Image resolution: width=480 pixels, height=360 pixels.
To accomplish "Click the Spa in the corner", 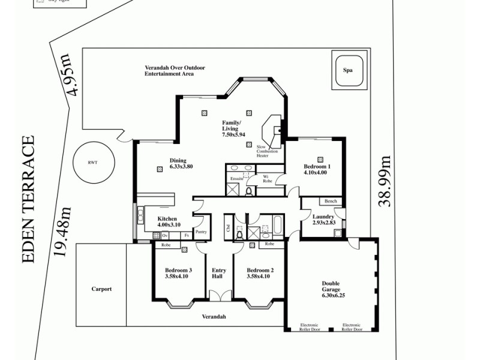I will [347, 70].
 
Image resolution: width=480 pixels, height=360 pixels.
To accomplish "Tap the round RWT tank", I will [92, 162].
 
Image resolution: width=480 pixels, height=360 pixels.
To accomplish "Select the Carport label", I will [101, 289].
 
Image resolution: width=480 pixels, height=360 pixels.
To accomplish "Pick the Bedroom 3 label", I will [178, 274].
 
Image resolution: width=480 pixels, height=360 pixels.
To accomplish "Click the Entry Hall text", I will [219, 274].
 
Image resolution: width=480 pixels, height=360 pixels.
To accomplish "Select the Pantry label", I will [201, 231].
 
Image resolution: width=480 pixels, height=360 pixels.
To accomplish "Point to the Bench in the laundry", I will [331, 202].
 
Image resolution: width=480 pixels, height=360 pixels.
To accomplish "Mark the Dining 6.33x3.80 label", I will [181, 164].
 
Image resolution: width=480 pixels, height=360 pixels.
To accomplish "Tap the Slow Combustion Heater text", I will [267, 152].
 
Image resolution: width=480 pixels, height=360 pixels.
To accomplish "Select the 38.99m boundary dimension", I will [385, 181].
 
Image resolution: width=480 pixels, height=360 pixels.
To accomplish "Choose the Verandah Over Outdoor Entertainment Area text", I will [175, 71].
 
